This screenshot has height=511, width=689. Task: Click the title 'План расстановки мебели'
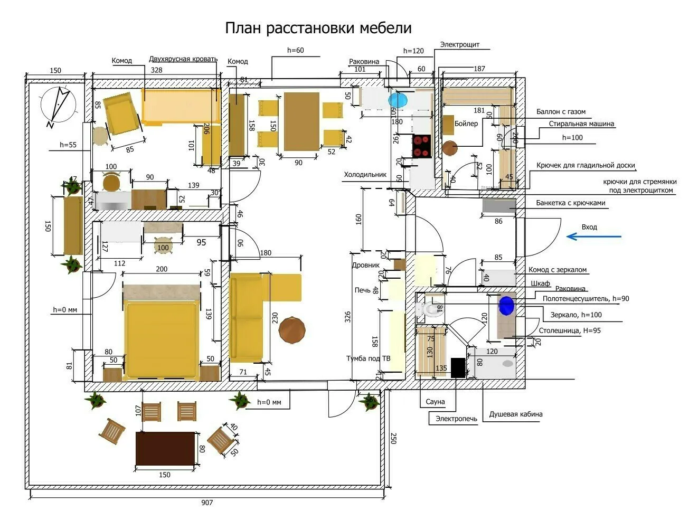(x=318, y=27)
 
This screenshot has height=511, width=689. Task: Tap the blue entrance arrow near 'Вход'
(x=593, y=236)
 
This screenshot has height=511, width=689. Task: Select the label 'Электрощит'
(x=459, y=44)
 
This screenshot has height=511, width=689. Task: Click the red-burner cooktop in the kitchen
(x=421, y=146)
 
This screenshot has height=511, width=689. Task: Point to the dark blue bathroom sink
(x=506, y=305)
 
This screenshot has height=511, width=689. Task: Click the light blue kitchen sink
(x=399, y=100)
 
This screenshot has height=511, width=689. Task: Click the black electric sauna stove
(x=458, y=367)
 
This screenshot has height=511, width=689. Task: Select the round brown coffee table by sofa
(x=292, y=330)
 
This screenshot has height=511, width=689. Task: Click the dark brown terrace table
(x=165, y=449)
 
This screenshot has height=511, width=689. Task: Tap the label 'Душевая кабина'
(x=515, y=414)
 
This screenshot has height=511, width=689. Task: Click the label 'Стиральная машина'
(x=581, y=124)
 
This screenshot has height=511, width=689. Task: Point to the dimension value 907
(x=207, y=503)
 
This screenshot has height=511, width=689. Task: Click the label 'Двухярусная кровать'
(x=183, y=59)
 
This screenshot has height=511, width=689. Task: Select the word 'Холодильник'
(x=365, y=174)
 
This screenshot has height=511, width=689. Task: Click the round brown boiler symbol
(x=450, y=148)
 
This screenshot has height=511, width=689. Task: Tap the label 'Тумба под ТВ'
(x=368, y=358)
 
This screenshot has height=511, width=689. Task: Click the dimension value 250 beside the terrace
(x=393, y=438)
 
